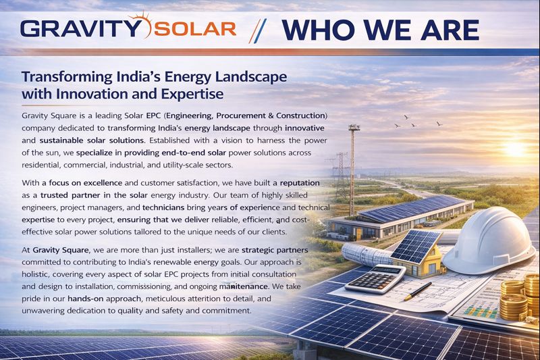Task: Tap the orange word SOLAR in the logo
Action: pos(195,29)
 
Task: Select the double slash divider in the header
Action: pos(257,30)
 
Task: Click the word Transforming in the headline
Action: pos(67,77)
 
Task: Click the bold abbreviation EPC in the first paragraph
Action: pos(153,115)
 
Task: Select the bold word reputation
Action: pos(300,183)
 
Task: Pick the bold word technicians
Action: pos(163,207)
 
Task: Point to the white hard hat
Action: pos(489,240)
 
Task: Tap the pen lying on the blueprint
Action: pos(418,291)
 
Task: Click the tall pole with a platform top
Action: pos(352,170)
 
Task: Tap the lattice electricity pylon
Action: pos(342,176)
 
